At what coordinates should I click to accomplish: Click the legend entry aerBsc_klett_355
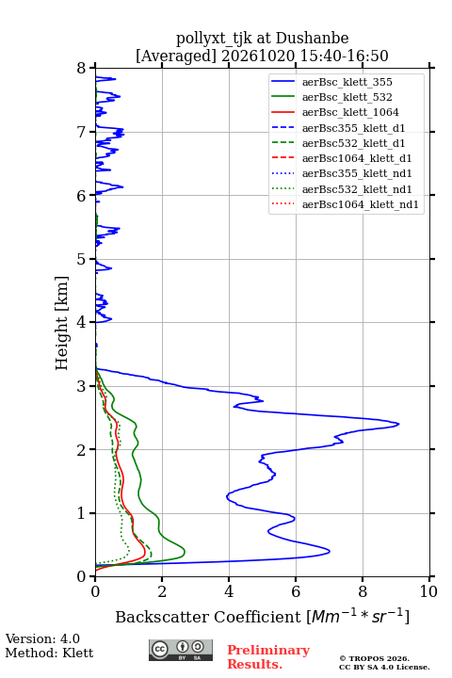331,82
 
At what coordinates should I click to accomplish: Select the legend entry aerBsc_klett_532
331,97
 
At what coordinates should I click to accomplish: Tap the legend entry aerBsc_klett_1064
335,112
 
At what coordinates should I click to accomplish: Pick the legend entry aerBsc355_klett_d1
338,128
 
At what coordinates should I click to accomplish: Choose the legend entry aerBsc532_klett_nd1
341,189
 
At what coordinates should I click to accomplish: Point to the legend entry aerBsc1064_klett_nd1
345,204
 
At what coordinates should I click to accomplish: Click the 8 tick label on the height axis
82,68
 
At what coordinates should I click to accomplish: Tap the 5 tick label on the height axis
82,259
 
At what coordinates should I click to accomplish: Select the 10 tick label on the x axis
428,591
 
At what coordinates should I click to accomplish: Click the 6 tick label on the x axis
296,591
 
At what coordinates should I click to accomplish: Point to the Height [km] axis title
62,323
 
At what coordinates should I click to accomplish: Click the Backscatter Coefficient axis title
262,616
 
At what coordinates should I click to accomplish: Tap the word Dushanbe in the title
312,38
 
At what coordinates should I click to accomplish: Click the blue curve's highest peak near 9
398,424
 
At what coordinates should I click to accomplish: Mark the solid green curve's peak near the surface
185,552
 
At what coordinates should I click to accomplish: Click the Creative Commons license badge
181,650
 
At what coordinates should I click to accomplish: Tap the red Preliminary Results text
268,657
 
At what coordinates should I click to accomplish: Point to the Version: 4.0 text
42,638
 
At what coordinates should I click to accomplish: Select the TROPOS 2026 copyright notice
374,658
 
